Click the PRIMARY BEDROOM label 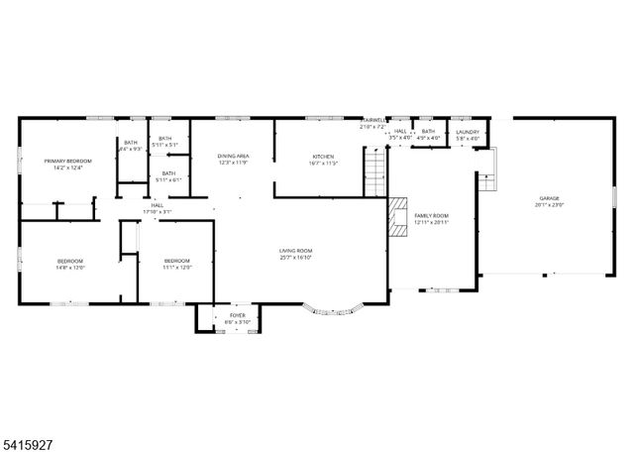click(x=67, y=161)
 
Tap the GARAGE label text click(x=549, y=198)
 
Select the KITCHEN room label click(x=324, y=157)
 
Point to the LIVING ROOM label click(x=295, y=251)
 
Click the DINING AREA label click(x=233, y=157)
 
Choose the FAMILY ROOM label click(x=432, y=215)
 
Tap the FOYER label click(x=238, y=315)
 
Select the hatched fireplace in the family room click(x=396, y=218)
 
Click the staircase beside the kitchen click(x=373, y=170)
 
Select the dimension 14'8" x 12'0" click(x=70, y=268)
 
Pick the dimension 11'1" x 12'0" click(x=177, y=268)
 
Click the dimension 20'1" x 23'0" click(x=549, y=205)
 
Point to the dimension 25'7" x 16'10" click(x=295, y=258)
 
